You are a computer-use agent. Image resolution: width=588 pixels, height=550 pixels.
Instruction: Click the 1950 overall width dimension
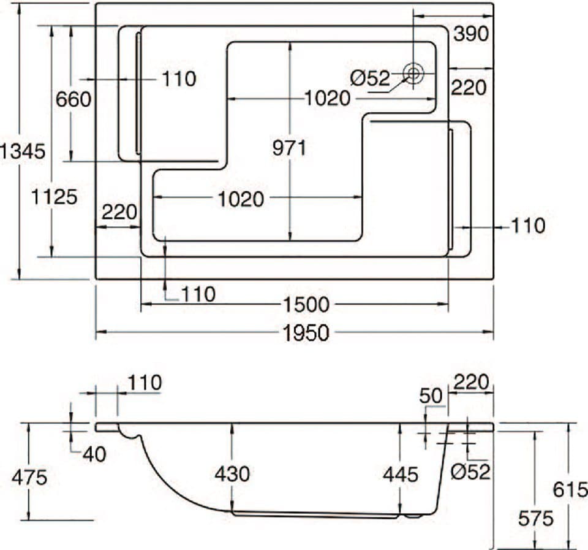(x=306, y=332)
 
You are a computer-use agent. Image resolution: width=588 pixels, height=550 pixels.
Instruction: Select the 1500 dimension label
(x=306, y=305)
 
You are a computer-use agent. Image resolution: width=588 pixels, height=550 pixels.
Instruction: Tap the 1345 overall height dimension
(x=23, y=151)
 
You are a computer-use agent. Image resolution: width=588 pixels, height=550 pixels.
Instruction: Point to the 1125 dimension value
(x=54, y=196)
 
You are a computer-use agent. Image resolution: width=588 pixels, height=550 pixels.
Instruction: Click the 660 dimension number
(x=73, y=99)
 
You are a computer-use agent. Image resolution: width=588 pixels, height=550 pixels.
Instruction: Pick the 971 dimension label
(x=289, y=148)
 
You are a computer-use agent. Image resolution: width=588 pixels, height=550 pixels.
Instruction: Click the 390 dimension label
(x=471, y=33)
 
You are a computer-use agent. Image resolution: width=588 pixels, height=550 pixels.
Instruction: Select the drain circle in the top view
(x=413, y=73)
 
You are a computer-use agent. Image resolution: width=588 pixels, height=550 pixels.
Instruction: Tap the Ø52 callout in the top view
(x=370, y=78)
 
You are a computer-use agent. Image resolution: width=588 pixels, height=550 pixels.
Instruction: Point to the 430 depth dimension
(x=232, y=474)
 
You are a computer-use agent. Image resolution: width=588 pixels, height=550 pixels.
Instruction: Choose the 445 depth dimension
(x=401, y=474)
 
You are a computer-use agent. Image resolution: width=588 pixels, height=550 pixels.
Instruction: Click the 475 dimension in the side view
(x=29, y=478)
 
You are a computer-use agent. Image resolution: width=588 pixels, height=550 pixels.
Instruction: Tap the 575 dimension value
(x=535, y=519)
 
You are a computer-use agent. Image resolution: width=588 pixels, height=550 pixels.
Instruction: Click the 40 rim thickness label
(x=94, y=454)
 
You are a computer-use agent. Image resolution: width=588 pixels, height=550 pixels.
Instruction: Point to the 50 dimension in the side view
(x=431, y=395)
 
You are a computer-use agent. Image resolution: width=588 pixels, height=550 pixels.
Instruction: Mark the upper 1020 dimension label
(x=327, y=98)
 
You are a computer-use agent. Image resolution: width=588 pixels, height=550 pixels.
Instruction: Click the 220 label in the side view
(x=471, y=382)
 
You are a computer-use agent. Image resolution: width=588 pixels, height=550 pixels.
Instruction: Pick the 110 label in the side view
(x=145, y=383)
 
